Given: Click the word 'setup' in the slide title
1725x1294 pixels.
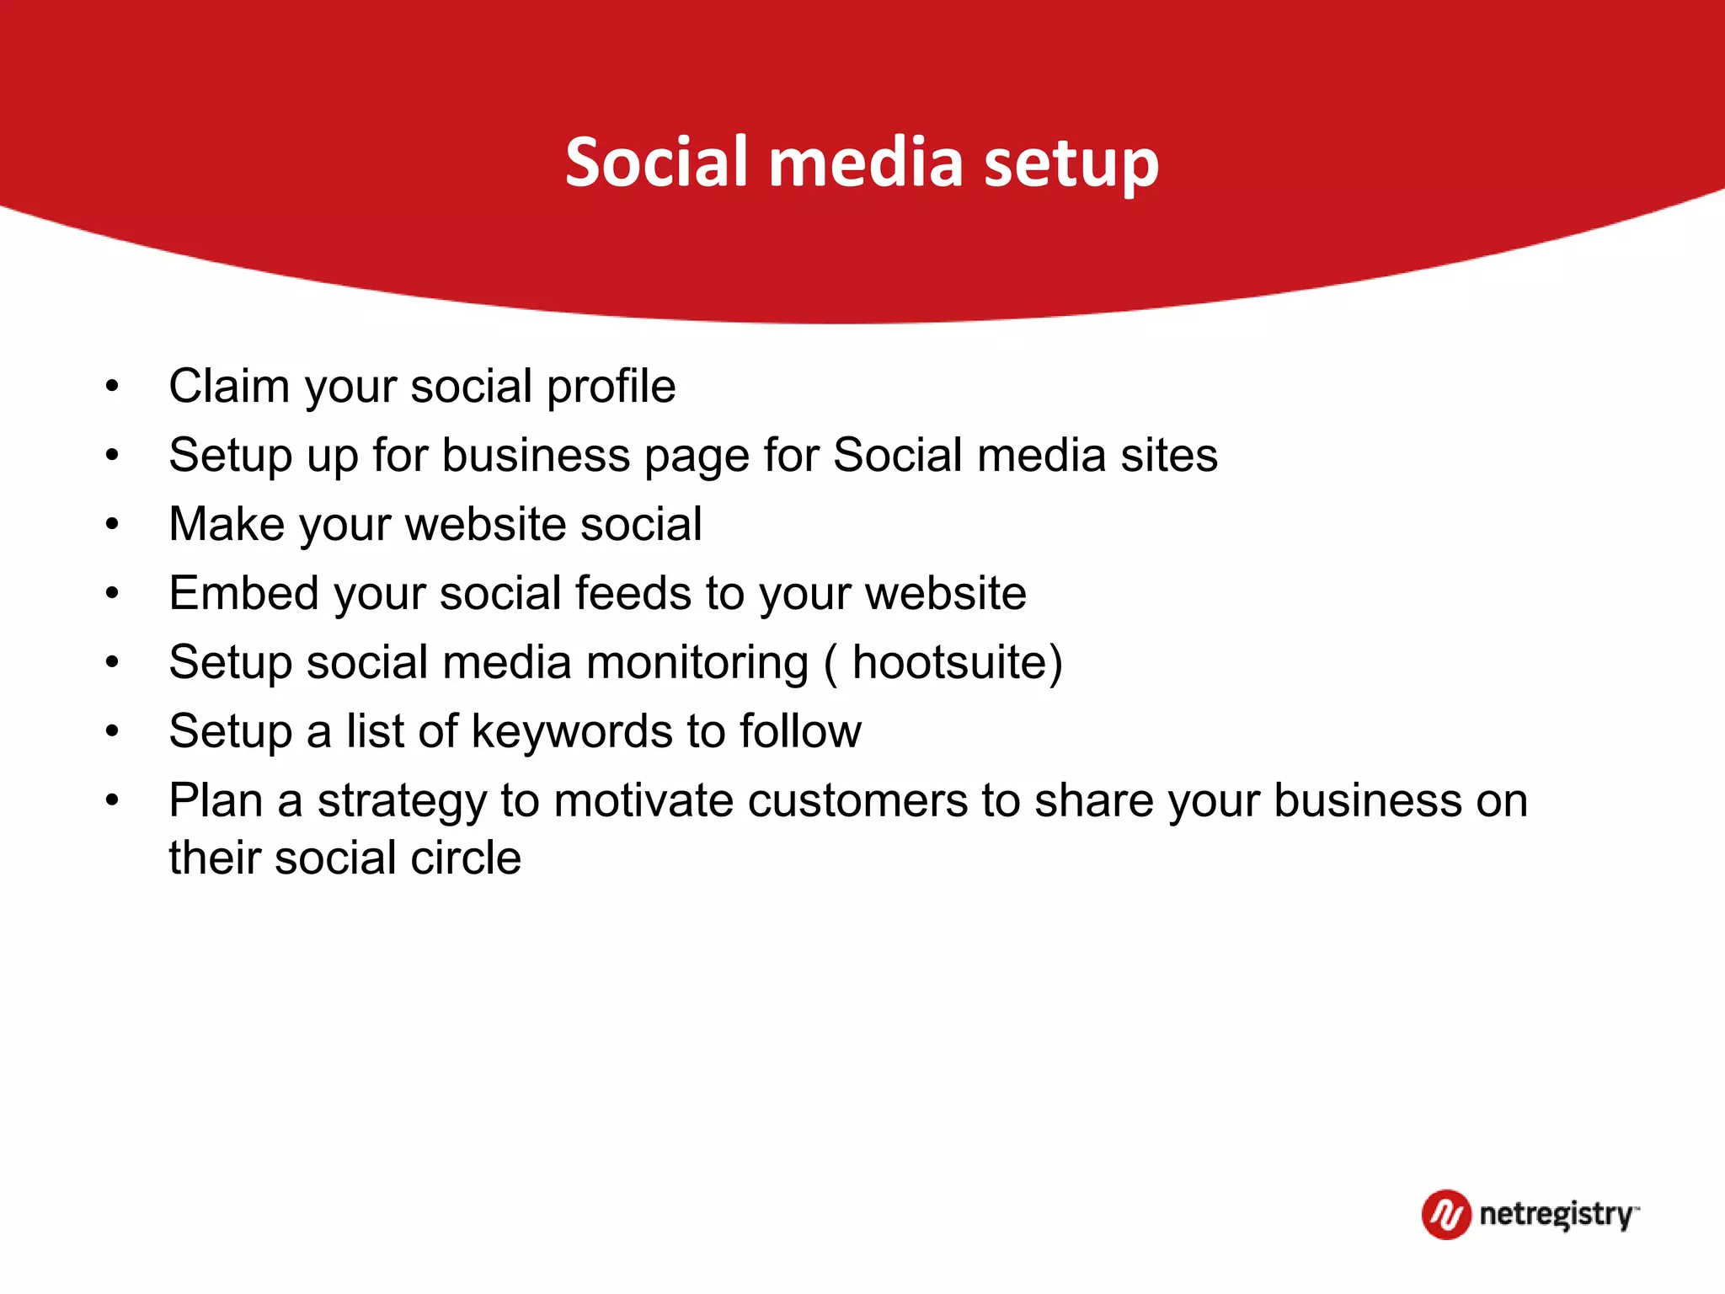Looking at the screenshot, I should tap(1071, 164).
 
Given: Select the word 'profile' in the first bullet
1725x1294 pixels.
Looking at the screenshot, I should tap(611, 387).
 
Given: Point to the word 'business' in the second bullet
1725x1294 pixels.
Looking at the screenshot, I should tap(536, 456).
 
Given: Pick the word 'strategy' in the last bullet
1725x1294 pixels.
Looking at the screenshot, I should tap(402, 802).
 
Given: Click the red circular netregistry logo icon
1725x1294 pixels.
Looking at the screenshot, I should tap(1445, 1215).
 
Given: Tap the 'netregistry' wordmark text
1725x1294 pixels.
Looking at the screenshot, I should tap(1557, 1215).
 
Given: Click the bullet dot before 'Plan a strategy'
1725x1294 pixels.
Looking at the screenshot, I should tap(113, 800).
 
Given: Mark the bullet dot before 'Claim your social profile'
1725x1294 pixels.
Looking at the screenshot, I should tap(113, 388).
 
